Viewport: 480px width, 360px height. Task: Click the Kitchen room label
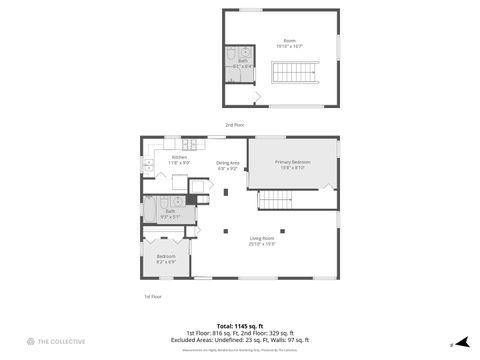(x=178, y=159)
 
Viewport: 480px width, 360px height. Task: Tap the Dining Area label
(x=228, y=165)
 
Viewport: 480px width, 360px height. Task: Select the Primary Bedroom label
(x=293, y=165)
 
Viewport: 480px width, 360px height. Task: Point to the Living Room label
(x=263, y=239)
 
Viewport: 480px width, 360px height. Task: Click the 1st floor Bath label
(x=170, y=212)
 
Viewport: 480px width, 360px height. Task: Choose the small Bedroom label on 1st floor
(x=166, y=258)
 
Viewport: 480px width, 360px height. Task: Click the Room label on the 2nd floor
(x=289, y=43)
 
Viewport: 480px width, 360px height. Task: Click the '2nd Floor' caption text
(x=233, y=124)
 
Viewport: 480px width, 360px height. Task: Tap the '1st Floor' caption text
(x=153, y=296)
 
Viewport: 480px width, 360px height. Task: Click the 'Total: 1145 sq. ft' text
(x=240, y=325)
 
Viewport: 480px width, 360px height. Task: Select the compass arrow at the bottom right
(x=461, y=341)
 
